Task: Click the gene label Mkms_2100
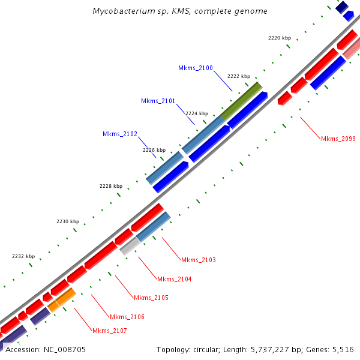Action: click(x=196, y=68)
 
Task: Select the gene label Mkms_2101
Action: click(x=158, y=101)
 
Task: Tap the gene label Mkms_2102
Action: click(x=120, y=134)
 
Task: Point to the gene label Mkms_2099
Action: click(x=338, y=139)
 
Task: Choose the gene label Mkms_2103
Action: click(x=199, y=260)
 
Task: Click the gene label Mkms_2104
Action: click(x=175, y=279)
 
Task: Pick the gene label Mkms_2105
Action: click(x=151, y=298)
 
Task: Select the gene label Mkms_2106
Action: click(x=127, y=317)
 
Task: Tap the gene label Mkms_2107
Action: click(x=110, y=331)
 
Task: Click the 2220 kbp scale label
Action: click(x=279, y=38)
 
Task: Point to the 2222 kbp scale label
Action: click(x=239, y=76)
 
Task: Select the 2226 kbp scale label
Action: click(x=154, y=150)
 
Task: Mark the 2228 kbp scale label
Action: click(x=111, y=186)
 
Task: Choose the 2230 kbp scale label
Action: click(x=68, y=221)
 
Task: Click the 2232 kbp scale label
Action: click(x=23, y=256)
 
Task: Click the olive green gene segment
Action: click(x=241, y=101)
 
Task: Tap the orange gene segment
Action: click(x=62, y=299)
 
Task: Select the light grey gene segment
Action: click(x=129, y=245)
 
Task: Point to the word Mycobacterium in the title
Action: click(x=122, y=11)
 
